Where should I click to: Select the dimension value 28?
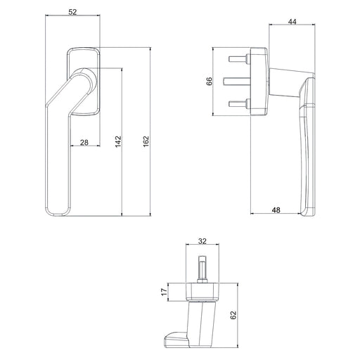(x=84, y=143)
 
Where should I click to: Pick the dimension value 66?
(x=209, y=80)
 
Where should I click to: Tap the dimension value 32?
(x=202, y=241)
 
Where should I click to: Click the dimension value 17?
(x=163, y=292)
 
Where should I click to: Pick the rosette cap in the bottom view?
(x=202, y=291)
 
